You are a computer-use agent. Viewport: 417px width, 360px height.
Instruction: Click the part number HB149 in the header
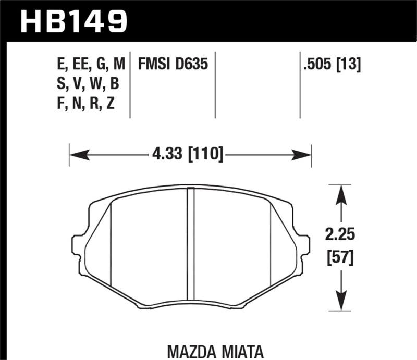[73, 20]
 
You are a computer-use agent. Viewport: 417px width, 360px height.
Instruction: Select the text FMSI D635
[173, 65]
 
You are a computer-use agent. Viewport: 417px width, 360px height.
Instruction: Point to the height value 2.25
[341, 235]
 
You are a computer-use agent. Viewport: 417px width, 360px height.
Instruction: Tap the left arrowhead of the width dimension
[78, 154]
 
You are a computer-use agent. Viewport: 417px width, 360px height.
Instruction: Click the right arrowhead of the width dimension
[302, 154]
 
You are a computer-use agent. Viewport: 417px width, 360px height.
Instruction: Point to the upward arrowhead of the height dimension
[340, 195]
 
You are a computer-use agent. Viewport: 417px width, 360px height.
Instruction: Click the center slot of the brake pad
[190, 245]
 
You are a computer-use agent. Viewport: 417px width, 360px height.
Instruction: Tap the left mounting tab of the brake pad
[77, 245]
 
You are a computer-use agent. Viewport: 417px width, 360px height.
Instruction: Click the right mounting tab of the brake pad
[304, 245]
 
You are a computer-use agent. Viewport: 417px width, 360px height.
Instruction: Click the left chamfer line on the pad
[112, 245]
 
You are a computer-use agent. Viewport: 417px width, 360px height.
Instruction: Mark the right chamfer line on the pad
[270, 245]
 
